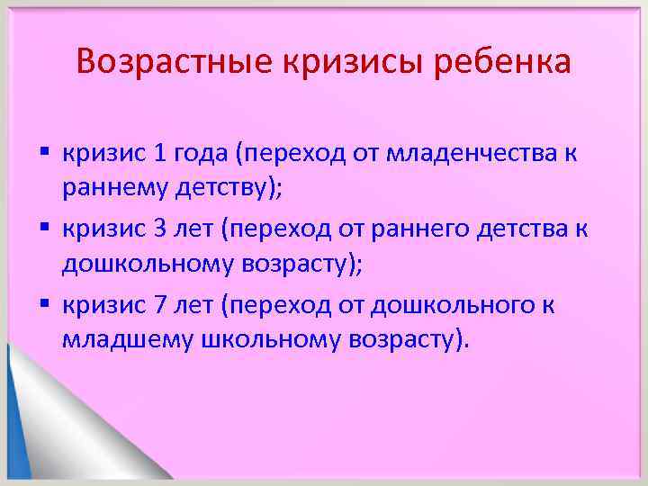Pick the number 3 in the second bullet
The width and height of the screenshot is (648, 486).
160,229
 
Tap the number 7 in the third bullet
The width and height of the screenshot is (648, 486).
160,306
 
